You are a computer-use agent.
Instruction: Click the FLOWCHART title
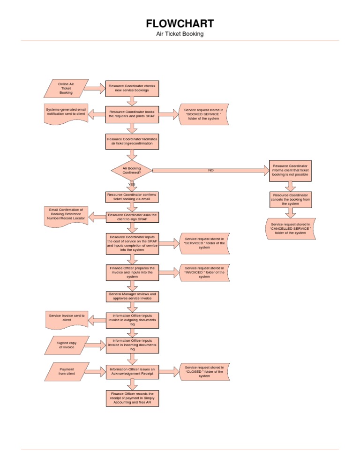pos(180,23)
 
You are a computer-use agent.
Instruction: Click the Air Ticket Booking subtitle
pos(180,34)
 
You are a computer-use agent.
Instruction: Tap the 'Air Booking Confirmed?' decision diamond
pos(132,170)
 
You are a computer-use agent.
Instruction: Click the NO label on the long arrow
pos(211,170)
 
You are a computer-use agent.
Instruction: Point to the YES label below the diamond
pos(132,184)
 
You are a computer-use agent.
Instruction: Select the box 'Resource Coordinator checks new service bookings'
pos(132,88)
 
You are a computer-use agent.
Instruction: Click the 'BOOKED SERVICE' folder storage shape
pos(204,114)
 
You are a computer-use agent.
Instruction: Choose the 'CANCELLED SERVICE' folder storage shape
pos(291,228)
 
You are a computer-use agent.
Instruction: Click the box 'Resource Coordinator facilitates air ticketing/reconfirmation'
pos(132,141)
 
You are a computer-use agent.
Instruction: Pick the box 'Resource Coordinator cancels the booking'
pos(291,199)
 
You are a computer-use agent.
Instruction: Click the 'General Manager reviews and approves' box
pos(132,296)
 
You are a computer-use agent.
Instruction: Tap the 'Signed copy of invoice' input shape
pos(66,346)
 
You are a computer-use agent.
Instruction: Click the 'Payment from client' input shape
pos(66,372)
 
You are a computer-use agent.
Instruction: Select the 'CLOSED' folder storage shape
pos(204,371)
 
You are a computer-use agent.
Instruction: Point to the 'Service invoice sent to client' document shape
pos(67,319)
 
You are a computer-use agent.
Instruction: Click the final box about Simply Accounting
pos(132,398)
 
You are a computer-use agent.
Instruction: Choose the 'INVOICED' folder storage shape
pos(204,272)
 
